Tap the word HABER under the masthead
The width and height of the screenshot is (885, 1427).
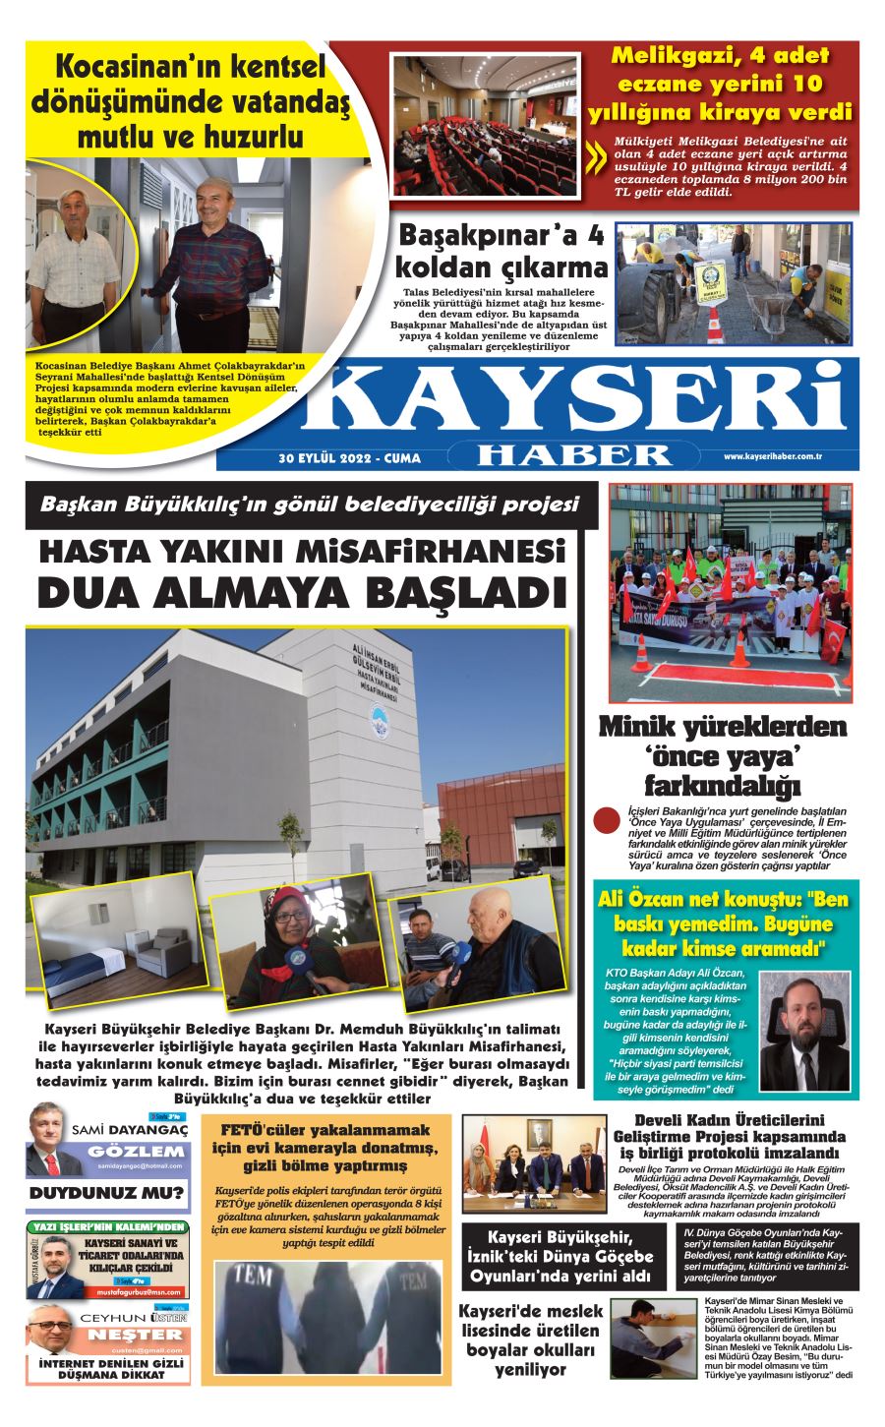(x=576, y=455)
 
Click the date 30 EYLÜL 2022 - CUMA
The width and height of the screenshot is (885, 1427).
(x=349, y=458)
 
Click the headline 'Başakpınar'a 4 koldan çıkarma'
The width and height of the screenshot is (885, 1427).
(x=501, y=252)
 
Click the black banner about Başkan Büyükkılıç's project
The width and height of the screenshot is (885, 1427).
(x=310, y=505)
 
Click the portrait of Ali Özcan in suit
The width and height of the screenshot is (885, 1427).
(x=804, y=1033)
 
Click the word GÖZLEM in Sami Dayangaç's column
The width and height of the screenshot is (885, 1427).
(x=135, y=1152)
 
